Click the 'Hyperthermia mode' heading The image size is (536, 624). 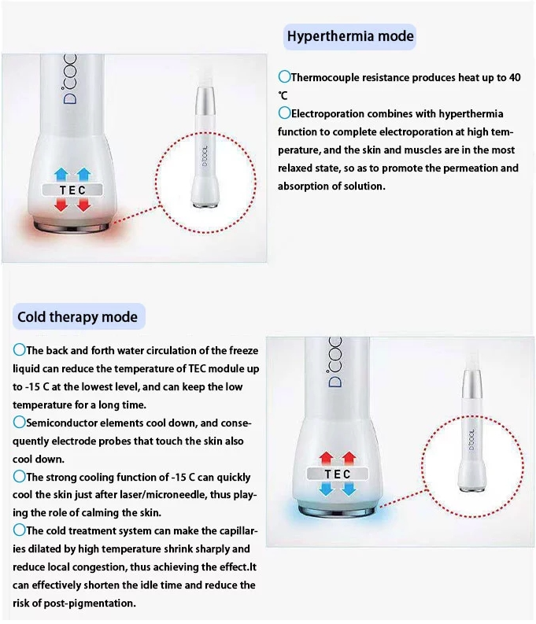click(350, 37)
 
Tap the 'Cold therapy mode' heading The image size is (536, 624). click(78, 317)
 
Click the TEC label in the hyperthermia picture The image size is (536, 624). click(72, 190)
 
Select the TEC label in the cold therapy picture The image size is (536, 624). click(338, 474)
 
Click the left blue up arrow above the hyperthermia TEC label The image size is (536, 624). click(61, 175)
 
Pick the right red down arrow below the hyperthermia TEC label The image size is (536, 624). click(83, 205)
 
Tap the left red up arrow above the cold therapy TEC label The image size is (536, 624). click(327, 459)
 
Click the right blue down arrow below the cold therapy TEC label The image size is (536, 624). click(349, 489)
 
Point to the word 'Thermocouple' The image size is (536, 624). click(325, 78)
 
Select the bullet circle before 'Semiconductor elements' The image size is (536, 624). click(19, 423)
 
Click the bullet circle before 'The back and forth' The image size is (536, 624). click(19, 350)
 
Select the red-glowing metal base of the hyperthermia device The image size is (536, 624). click(72, 227)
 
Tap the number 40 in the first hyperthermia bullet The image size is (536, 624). click(515, 78)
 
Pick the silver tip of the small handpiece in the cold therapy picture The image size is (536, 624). click(471, 383)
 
